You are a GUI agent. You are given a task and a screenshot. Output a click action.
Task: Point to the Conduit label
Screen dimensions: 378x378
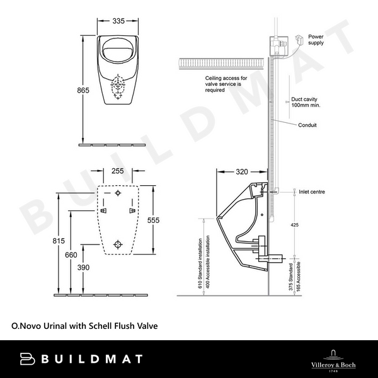tap(308, 125)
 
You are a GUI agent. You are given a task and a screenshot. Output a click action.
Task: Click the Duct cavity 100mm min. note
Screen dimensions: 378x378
tap(306, 102)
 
